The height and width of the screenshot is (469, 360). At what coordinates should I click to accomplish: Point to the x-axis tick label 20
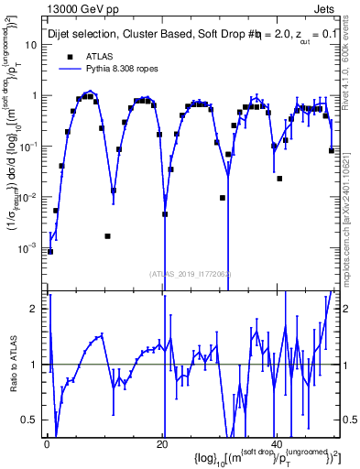click(x=162, y=443)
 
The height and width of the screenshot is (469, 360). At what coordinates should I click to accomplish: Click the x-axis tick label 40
click(x=277, y=443)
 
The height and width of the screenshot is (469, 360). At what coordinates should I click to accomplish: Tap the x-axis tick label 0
click(x=47, y=443)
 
